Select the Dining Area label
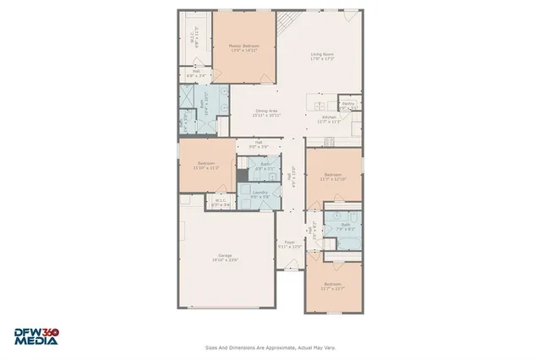(x=268, y=112)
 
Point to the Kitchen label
(x=328, y=120)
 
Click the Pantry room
(x=347, y=106)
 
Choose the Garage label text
(x=225, y=257)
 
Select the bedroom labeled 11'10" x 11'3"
(x=206, y=165)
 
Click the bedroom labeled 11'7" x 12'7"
(x=331, y=286)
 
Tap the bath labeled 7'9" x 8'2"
(x=345, y=226)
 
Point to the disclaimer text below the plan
(x=270, y=346)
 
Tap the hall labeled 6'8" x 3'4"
(x=195, y=73)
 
